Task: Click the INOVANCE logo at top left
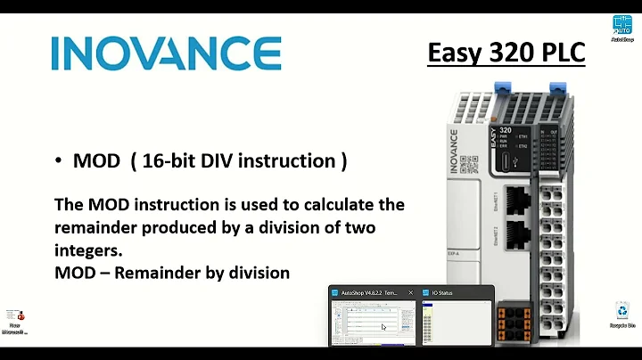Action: click(166, 53)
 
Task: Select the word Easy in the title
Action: click(456, 53)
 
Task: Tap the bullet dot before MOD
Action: click(58, 160)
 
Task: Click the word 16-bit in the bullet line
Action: click(178, 160)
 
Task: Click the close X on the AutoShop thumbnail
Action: click(409, 292)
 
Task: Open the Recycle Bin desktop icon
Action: click(621, 313)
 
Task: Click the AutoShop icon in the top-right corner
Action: click(621, 26)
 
